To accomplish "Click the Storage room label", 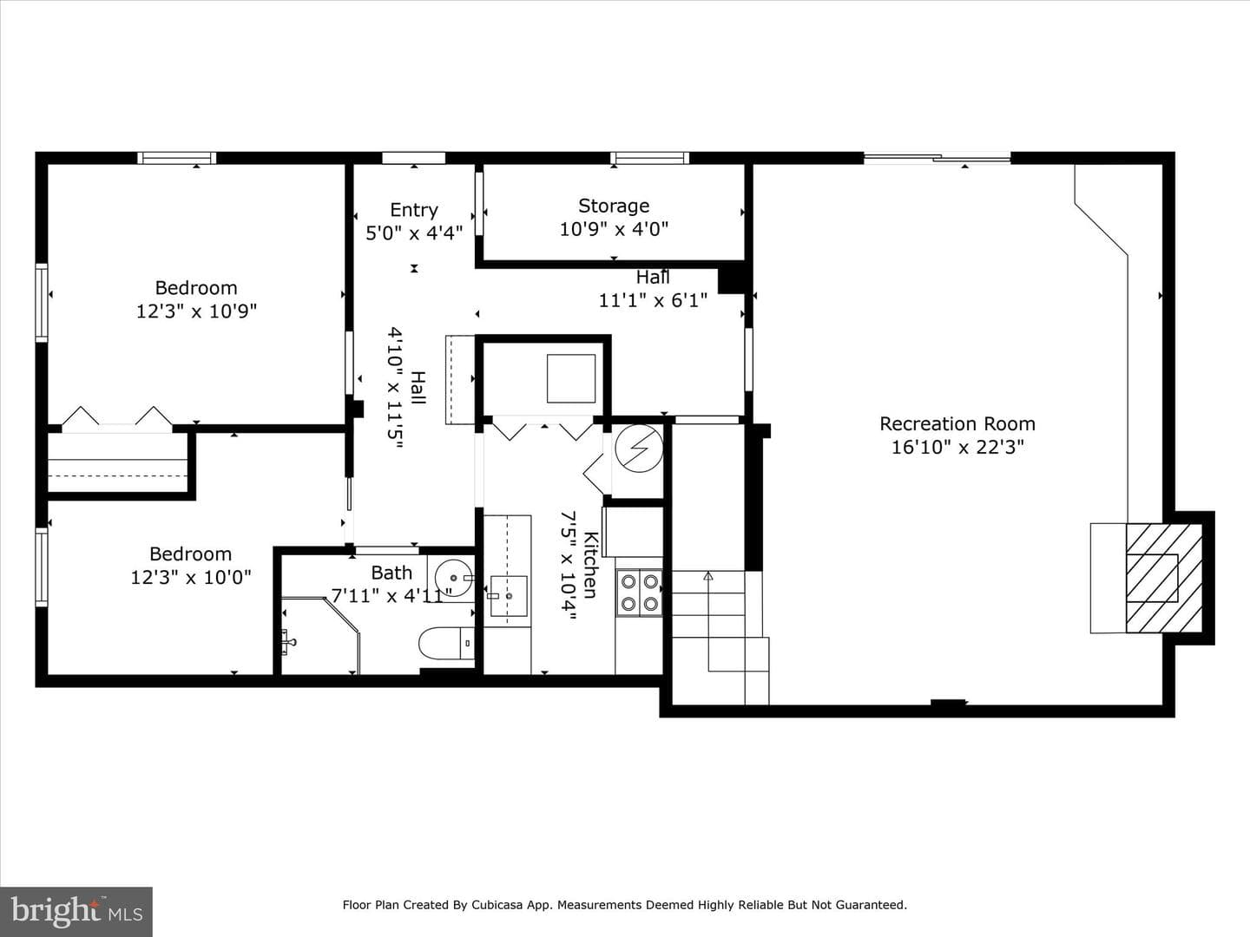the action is pyautogui.click(x=614, y=206).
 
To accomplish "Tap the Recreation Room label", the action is pyautogui.click(x=957, y=424).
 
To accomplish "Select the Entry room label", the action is pyautogui.click(x=414, y=210).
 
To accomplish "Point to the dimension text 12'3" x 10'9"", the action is pyautogui.click(x=196, y=311).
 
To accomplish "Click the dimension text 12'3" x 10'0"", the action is pyautogui.click(x=191, y=578).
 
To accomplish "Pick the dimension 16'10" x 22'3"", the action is pyautogui.click(x=957, y=447).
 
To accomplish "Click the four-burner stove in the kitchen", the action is pyautogui.click(x=639, y=593).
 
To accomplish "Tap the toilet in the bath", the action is pyautogui.click(x=447, y=644).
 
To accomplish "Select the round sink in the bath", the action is pyautogui.click(x=453, y=578).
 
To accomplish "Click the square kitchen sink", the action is pyautogui.click(x=509, y=596).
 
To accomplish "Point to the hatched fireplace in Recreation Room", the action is pyautogui.click(x=1164, y=578).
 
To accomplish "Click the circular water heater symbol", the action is pyautogui.click(x=639, y=449).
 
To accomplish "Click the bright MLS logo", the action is pyautogui.click(x=76, y=911).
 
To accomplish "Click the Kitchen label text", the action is pyautogui.click(x=591, y=565).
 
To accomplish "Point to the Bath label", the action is pyautogui.click(x=391, y=573).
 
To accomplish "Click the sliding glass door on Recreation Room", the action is pyautogui.click(x=937, y=158).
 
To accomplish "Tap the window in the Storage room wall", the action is pyautogui.click(x=650, y=158).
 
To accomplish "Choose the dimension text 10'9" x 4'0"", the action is pyautogui.click(x=614, y=229).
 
